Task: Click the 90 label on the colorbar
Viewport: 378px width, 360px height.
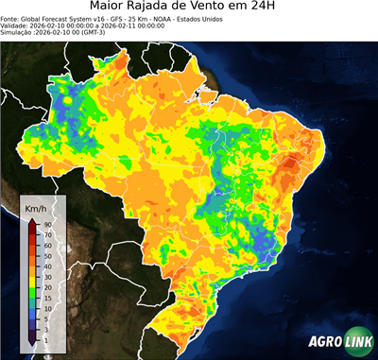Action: (46, 224)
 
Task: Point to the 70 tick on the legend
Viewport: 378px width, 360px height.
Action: (46, 234)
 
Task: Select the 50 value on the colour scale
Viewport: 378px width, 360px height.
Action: (46, 255)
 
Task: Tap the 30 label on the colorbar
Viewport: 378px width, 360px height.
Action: (46, 276)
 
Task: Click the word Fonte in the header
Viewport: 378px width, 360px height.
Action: (10, 18)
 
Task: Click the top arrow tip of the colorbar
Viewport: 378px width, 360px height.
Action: (31, 218)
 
